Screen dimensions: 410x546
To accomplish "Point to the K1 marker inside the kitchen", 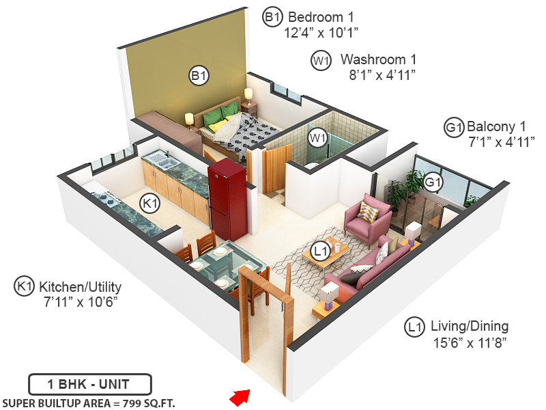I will pyautogui.click(x=150, y=203).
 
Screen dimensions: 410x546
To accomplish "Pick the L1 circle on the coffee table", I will pyautogui.click(x=320, y=251).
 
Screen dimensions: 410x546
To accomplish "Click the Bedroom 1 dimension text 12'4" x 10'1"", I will pyautogui.click(x=321, y=32).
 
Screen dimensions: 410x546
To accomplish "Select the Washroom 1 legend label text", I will pyautogui.click(x=378, y=59).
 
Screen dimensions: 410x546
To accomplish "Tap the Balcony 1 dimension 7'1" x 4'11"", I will pyautogui.click(x=501, y=141).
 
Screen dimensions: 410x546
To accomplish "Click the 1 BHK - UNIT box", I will pyautogui.click(x=89, y=384).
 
